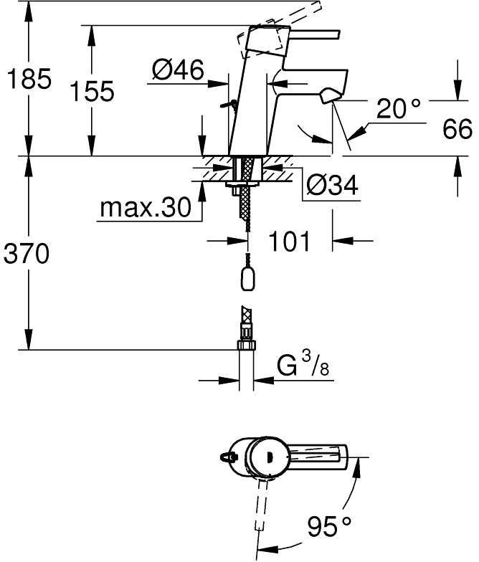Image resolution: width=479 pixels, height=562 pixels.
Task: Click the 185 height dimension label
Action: pos(29,79)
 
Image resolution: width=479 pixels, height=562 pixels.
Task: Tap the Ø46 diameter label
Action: pos(178,70)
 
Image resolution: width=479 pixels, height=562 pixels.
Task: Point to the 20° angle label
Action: pos(399,108)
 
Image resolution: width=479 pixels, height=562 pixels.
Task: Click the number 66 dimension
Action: pos(457,129)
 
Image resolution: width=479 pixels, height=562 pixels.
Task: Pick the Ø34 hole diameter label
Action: pos(333,185)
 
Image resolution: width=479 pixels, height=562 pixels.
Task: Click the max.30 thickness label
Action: pos(145,207)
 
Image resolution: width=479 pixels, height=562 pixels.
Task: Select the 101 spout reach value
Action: pos(288,241)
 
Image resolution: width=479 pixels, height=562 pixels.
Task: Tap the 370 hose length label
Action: pos(26,253)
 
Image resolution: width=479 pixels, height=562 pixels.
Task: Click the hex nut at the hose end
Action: pos(247,346)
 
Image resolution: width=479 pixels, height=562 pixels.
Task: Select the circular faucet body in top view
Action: pos(266,457)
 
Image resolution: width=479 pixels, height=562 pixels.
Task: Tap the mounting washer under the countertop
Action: pos(244,184)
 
